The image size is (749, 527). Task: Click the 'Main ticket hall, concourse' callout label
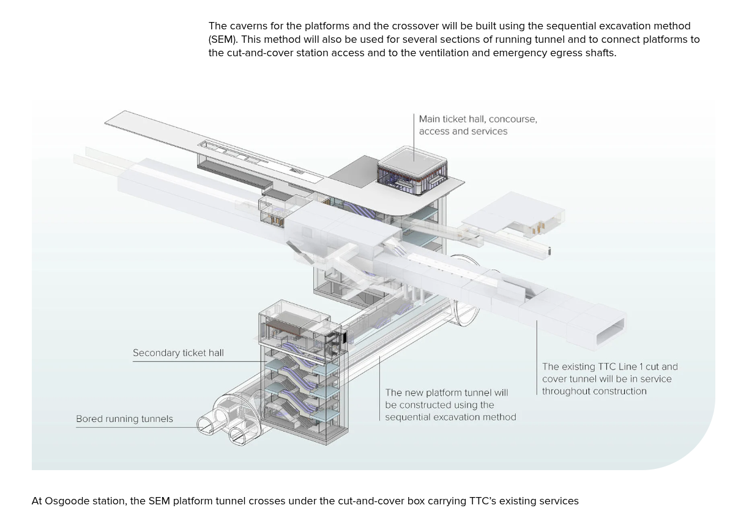tap(477, 119)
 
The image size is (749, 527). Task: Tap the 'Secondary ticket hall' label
tap(178, 353)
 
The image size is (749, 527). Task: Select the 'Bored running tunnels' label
tap(124, 419)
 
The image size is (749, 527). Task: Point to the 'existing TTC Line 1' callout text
tap(609, 367)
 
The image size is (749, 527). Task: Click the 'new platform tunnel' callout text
tap(446, 392)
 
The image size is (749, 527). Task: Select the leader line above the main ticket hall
tap(414, 137)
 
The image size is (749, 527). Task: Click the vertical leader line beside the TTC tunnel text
tap(537, 357)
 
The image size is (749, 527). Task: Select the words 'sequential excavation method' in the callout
tap(450, 417)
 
